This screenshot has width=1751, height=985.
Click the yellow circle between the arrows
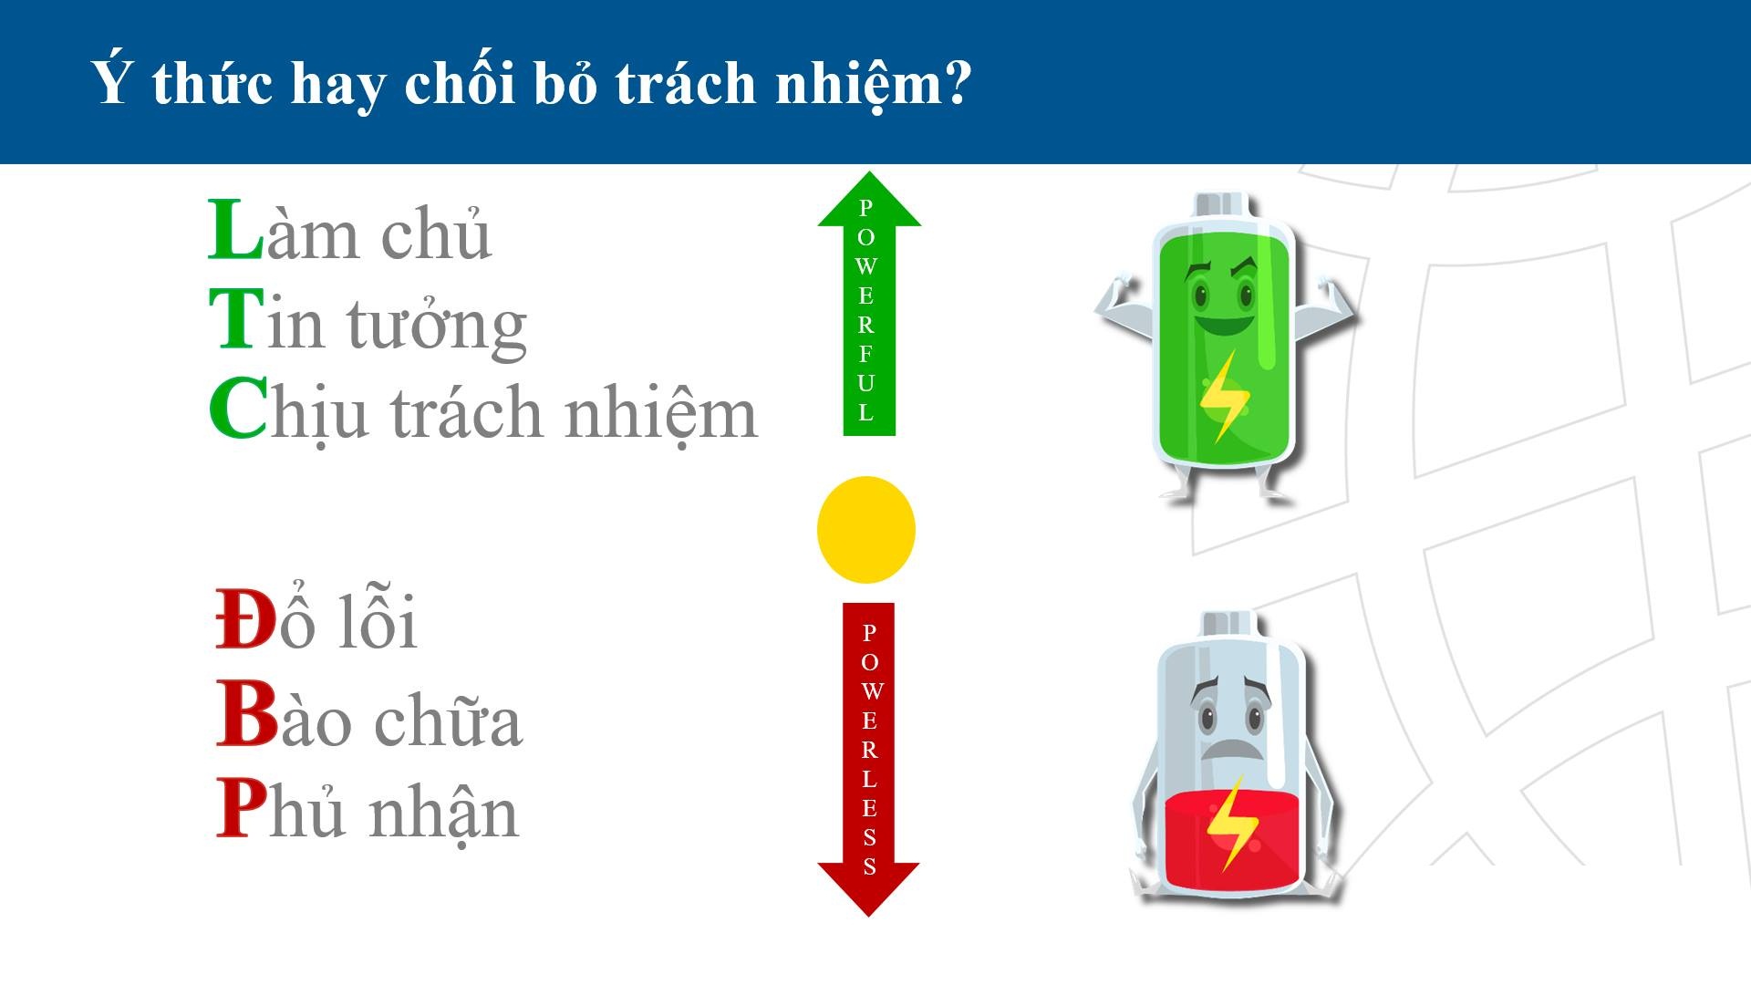(865, 530)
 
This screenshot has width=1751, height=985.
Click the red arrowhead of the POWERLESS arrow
(868, 888)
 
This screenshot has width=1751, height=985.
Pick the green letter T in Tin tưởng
(236, 318)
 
